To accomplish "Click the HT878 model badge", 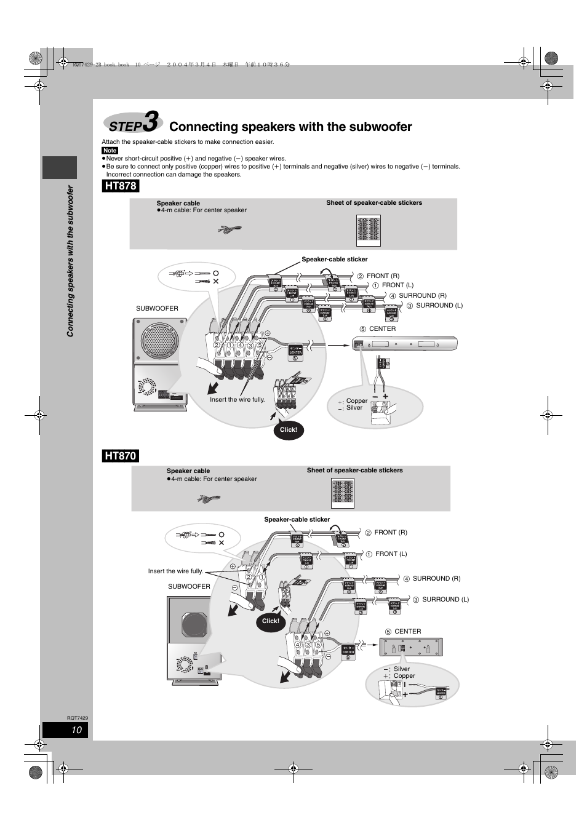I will coord(121,186).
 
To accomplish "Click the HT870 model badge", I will coord(121,456).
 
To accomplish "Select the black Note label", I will coord(110,151).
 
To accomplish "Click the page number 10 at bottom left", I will coord(76,730).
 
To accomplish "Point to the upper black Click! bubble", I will coord(288,429).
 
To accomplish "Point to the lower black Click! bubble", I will coord(270,621).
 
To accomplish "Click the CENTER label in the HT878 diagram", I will coord(382,328).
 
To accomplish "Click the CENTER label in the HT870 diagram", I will coord(407,631).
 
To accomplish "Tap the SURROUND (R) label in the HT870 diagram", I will coord(436,578).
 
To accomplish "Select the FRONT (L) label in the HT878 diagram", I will coord(397,285).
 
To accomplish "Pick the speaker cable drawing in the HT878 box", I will coord(230,230).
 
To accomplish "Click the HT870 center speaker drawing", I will coord(410,648).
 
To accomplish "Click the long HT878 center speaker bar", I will coord(405,344).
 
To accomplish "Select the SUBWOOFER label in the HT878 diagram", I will coord(157,309).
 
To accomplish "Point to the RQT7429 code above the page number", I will coord(78,718).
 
